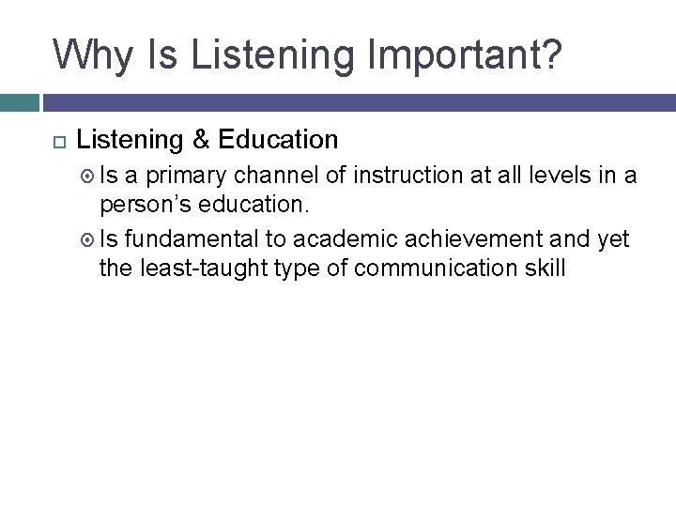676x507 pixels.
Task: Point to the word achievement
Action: (x=472, y=239)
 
